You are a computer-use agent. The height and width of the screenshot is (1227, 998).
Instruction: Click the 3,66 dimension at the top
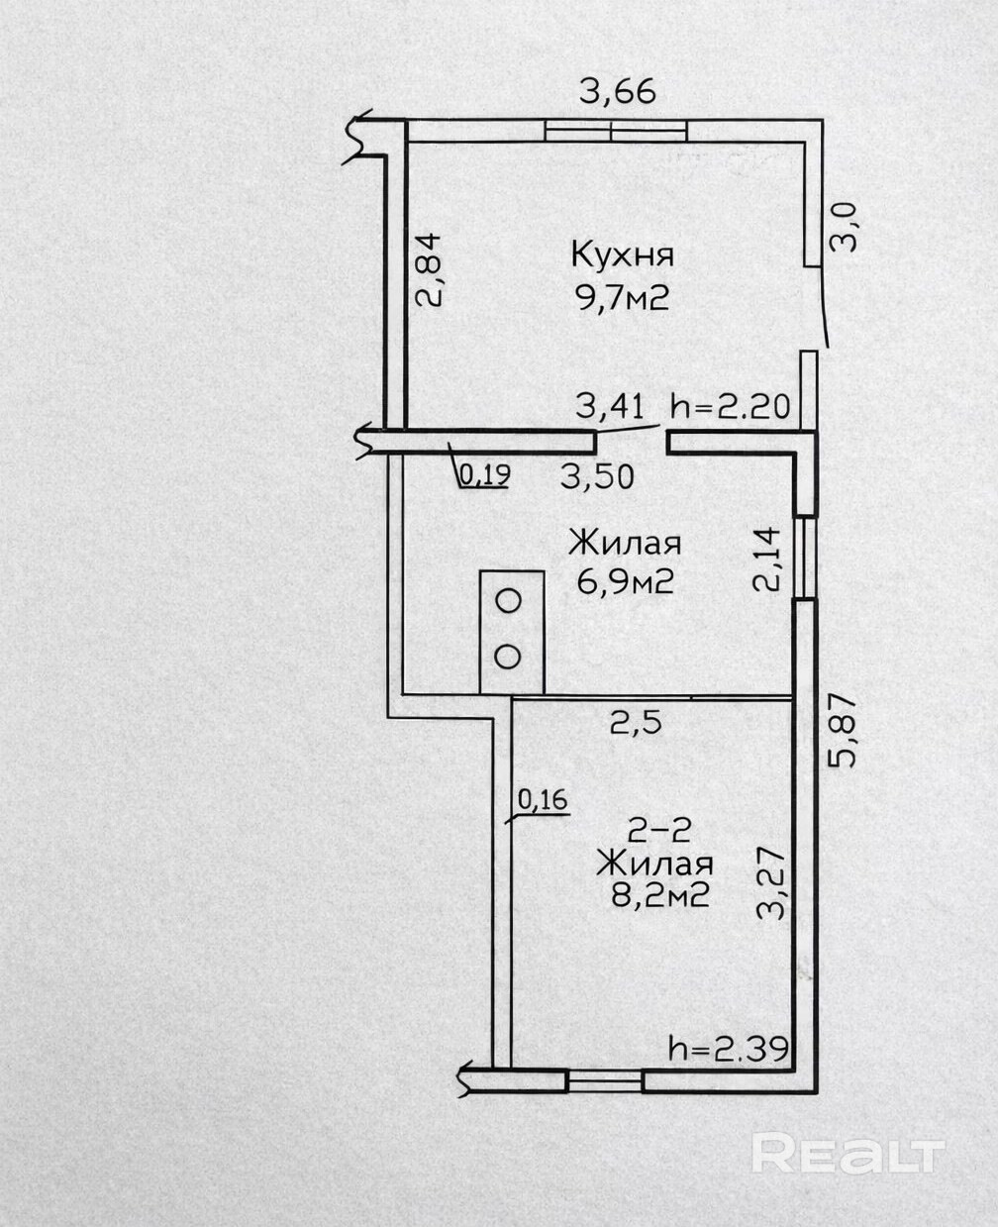coord(618,92)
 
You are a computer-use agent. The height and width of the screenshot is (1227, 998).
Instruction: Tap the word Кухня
coord(622,255)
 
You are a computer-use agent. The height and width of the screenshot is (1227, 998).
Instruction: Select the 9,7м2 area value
coord(623,299)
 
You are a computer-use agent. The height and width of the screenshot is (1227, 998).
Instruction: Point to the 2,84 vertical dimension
coord(429,269)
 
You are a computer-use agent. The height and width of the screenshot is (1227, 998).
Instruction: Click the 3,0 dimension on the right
coord(844,228)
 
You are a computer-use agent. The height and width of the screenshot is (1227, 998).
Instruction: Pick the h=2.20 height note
coord(730,408)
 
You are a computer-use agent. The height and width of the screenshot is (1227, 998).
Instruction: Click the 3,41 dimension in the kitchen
coord(610,408)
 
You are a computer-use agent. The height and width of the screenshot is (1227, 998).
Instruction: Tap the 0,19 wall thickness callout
coord(484,475)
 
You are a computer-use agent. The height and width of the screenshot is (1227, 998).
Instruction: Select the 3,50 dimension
coord(597,477)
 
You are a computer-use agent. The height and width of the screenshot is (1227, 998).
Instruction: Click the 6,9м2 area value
coord(625,583)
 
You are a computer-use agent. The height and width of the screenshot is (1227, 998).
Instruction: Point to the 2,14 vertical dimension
coord(766,559)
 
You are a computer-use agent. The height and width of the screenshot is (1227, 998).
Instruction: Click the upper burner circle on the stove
coord(509,601)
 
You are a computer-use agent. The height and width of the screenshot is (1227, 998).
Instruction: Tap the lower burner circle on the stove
coord(508,657)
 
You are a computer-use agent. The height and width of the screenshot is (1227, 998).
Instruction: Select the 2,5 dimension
coord(636,724)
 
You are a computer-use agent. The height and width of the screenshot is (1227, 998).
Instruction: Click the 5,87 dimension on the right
coord(843,731)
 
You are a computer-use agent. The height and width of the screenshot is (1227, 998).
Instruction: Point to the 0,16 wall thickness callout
coord(543,799)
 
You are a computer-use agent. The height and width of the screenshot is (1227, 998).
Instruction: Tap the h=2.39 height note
coord(728,1049)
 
